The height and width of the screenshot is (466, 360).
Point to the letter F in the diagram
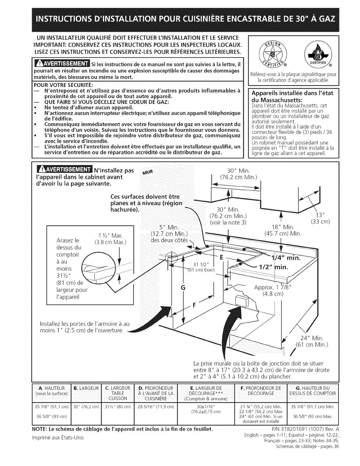(x=194, y=305)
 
